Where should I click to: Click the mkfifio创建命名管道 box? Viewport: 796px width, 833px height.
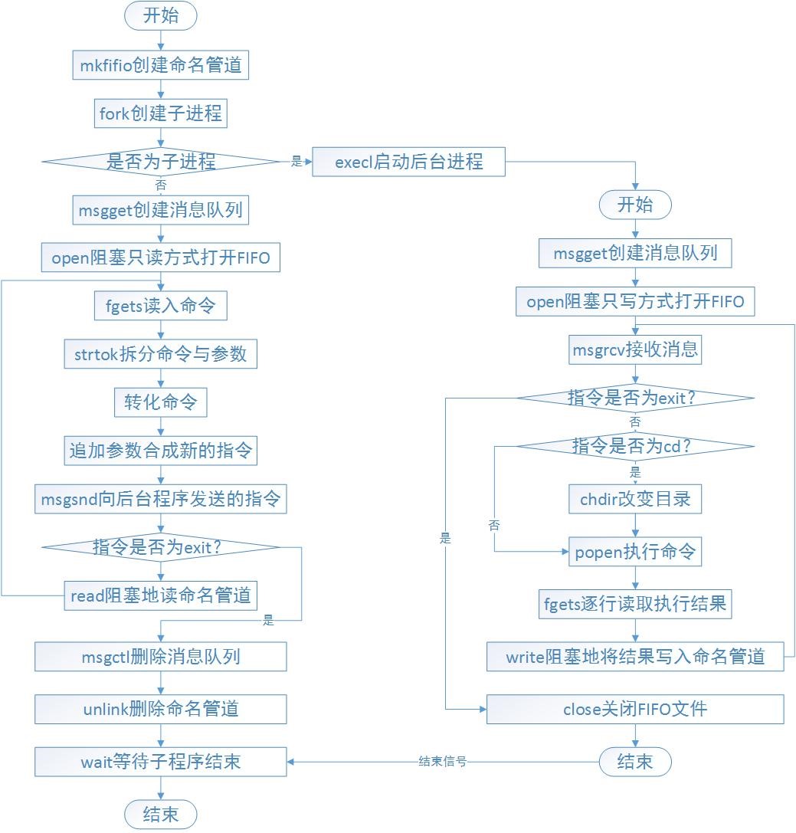click(161, 66)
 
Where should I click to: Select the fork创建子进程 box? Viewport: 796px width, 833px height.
click(161, 114)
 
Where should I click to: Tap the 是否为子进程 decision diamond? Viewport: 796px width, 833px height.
click(161, 162)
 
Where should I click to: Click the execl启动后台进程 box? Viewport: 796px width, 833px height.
click(408, 162)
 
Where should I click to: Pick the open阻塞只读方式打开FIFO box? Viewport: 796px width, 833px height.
click(161, 257)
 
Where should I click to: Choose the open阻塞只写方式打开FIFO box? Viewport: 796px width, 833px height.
click(635, 301)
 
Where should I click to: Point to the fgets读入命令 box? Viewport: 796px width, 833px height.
click(161, 307)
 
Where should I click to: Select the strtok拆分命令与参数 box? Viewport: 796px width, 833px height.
click(161, 354)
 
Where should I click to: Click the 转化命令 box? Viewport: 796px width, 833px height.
click(161, 402)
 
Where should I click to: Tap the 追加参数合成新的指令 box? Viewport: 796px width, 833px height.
click(161, 451)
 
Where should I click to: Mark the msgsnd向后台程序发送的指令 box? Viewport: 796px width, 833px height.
click(161, 500)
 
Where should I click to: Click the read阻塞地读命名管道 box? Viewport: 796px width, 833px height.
click(161, 594)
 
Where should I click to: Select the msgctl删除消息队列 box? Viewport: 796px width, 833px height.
click(161, 657)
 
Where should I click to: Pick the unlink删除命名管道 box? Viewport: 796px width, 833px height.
click(161, 709)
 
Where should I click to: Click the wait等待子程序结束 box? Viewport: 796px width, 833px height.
click(161, 762)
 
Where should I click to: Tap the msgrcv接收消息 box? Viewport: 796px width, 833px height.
click(635, 350)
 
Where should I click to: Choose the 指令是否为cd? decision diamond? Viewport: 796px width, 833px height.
click(635, 445)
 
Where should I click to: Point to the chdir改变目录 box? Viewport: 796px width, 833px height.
click(635, 499)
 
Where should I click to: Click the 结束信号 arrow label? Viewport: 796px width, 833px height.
click(443, 762)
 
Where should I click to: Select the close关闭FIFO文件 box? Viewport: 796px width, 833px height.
click(635, 709)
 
